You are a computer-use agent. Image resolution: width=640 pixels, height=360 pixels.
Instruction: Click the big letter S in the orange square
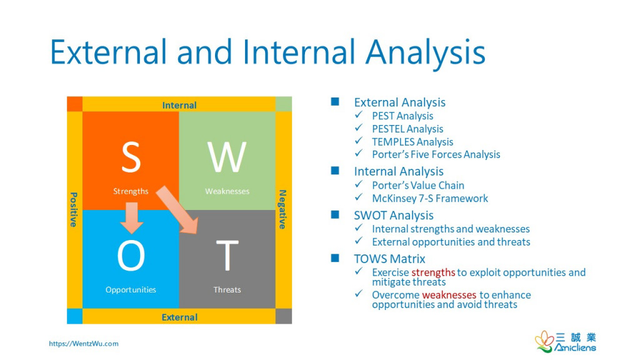coord(131,157)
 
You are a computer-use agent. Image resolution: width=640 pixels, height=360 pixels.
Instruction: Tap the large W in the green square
coord(227,157)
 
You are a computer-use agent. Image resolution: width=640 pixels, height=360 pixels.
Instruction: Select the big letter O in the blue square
coord(131,256)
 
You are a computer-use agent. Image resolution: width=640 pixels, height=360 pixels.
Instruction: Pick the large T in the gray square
coord(227,256)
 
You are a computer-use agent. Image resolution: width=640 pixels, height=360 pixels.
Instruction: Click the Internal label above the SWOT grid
coord(179,105)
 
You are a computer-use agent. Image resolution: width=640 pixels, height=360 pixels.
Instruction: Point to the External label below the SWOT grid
coord(179,317)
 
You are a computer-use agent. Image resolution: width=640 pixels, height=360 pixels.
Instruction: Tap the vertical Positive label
coord(74,209)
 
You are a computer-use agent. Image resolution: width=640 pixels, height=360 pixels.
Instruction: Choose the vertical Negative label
coord(282,209)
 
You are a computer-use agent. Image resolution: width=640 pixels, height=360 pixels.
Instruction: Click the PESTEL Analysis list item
coord(407,129)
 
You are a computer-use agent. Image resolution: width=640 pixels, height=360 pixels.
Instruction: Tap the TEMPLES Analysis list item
coord(412,142)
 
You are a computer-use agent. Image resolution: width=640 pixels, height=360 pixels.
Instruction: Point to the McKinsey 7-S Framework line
coord(430,198)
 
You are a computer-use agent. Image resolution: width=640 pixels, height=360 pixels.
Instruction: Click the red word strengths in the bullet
coord(433,272)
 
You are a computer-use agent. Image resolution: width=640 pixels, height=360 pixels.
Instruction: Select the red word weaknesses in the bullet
coord(449,295)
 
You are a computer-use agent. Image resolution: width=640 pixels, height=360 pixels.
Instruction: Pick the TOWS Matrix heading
coord(390,259)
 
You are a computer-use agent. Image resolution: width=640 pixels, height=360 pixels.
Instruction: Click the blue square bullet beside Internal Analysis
coord(335,171)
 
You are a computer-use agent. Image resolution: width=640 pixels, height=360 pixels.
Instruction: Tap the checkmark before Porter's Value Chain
coord(358,185)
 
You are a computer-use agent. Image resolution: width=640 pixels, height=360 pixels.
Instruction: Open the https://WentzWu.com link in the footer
coord(84,344)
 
